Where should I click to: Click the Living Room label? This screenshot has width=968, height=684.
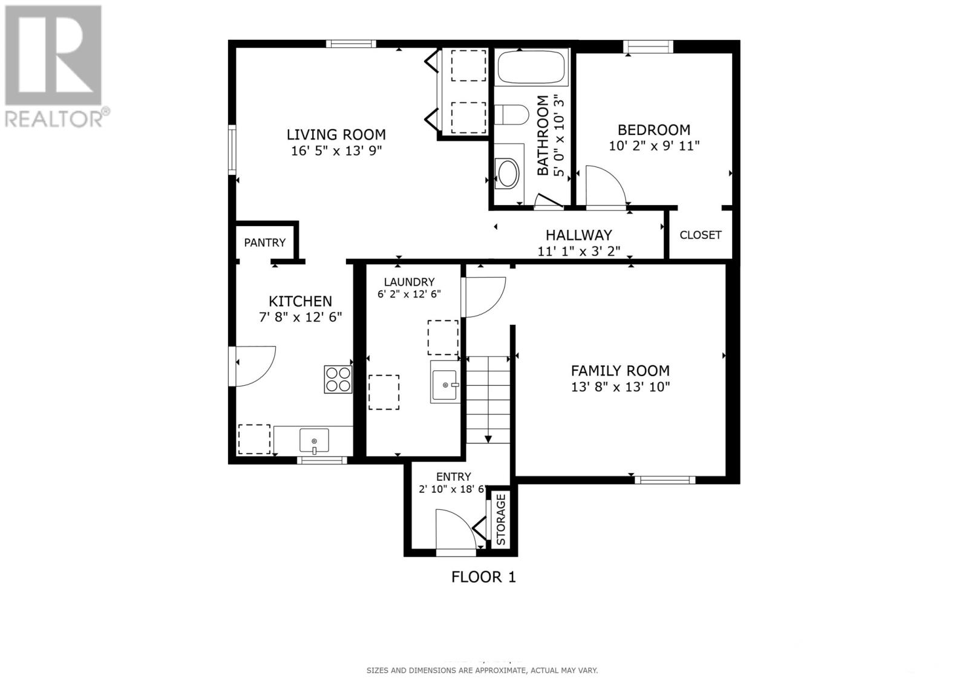click(x=336, y=134)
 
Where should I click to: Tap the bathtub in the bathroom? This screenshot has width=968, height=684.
click(x=532, y=67)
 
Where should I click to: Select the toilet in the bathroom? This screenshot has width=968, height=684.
click(x=511, y=114)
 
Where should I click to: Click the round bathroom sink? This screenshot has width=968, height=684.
click(x=507, y=172)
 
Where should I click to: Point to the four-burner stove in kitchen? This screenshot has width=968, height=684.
click(x=338, y=380)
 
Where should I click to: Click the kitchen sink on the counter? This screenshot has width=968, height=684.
click(x=314, y=440)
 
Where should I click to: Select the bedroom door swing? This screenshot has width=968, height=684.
click(x=605, y=187)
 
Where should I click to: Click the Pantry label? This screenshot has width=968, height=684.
click(x=264, y=243)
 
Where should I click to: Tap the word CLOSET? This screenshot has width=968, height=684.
click(x=700, y=235)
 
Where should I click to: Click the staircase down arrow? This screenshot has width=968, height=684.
click(x=488, y=438)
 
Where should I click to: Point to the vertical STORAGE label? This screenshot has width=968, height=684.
click(x=501, y=520)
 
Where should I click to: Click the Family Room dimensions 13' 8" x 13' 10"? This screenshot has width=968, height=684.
click(x=620, y=387)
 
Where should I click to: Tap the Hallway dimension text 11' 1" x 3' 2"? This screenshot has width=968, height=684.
click(x=578, y=251)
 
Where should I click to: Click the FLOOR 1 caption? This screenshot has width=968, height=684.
click(x=483, y=577)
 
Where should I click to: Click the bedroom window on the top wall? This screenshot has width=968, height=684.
click(x=648, y=47)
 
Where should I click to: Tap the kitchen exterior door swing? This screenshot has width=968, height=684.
click(x=254, y=365)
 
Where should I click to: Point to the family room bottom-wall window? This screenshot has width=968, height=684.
click(x=664, y=480)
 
